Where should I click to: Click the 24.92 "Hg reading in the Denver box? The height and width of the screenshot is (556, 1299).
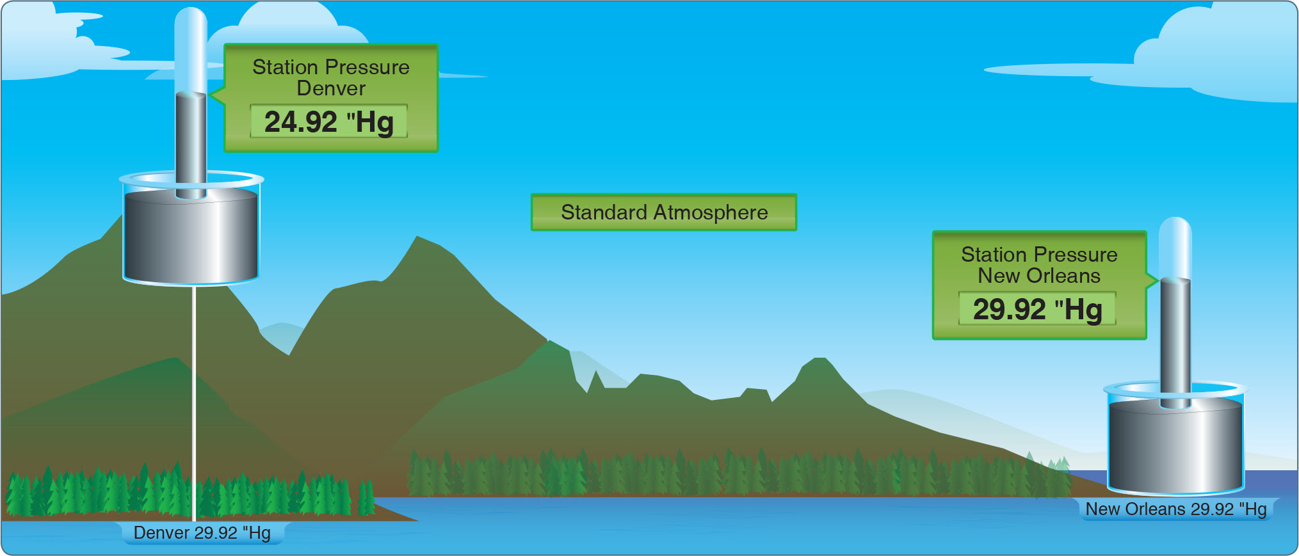tap(328, 122)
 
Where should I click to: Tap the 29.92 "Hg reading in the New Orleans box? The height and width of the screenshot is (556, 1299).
tap(1037, 309)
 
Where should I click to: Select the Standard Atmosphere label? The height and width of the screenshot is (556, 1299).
tap(664, 212)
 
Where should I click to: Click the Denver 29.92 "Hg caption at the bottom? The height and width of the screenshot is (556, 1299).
tap(202, 532)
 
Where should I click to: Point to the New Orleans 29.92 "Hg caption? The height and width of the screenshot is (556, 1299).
tap(1176, 509)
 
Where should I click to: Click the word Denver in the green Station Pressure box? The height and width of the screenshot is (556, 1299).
tap(331, 88)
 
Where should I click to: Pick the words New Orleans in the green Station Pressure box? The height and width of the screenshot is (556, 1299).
tap(1039, 276)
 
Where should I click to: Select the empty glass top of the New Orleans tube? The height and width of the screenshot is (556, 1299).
tap(1175, 248)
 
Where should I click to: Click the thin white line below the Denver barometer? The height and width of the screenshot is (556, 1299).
tap(193, 403)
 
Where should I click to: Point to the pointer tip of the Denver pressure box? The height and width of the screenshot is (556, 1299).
tap(210, 96)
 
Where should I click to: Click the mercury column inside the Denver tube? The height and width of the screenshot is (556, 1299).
tap(191, 145)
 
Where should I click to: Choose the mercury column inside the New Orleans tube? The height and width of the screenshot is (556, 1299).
tap(1175, 343)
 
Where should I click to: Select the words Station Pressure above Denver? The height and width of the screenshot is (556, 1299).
tap(331, 67)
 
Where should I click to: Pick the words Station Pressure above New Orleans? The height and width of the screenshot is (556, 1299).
tap(1039, 255)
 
